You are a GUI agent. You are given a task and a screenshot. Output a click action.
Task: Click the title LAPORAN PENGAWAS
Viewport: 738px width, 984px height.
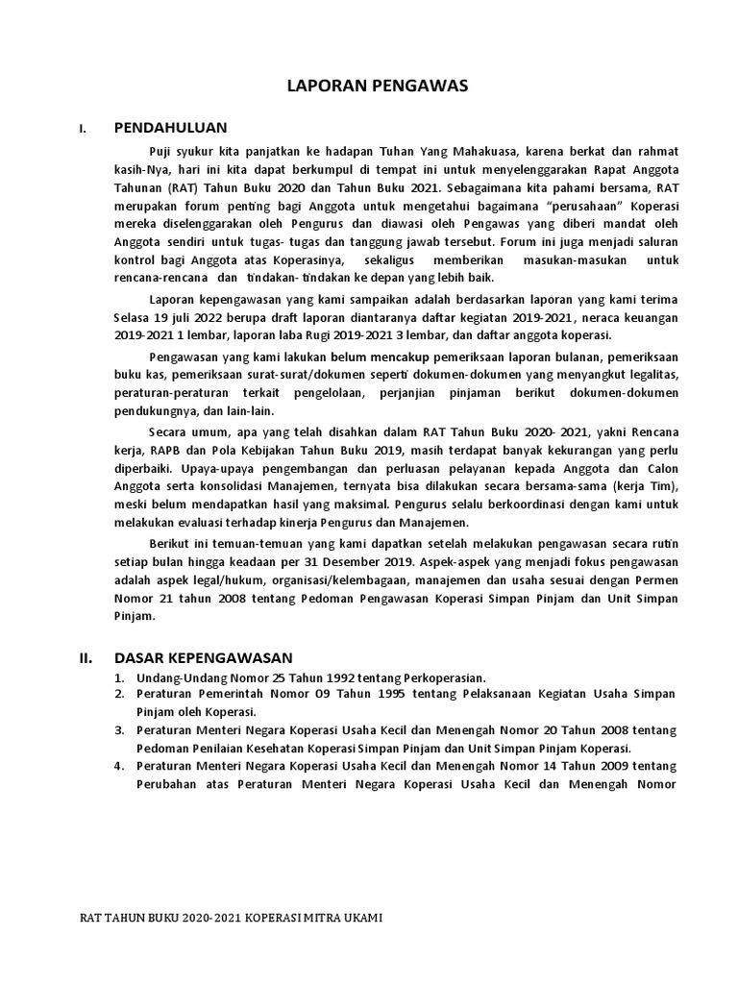click(377, 86)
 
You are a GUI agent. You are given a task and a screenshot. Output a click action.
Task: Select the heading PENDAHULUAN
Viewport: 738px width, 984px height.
click(170, 127)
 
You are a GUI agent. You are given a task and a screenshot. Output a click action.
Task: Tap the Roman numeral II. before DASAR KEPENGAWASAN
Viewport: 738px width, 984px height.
click(85, 658)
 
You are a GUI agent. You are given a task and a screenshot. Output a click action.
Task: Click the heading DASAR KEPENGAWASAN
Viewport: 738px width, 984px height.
click(203, 658)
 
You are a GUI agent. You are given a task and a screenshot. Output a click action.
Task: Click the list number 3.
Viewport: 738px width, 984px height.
click(118, 730)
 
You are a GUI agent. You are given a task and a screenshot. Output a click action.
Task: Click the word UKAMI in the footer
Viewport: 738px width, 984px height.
click(361, 918)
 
